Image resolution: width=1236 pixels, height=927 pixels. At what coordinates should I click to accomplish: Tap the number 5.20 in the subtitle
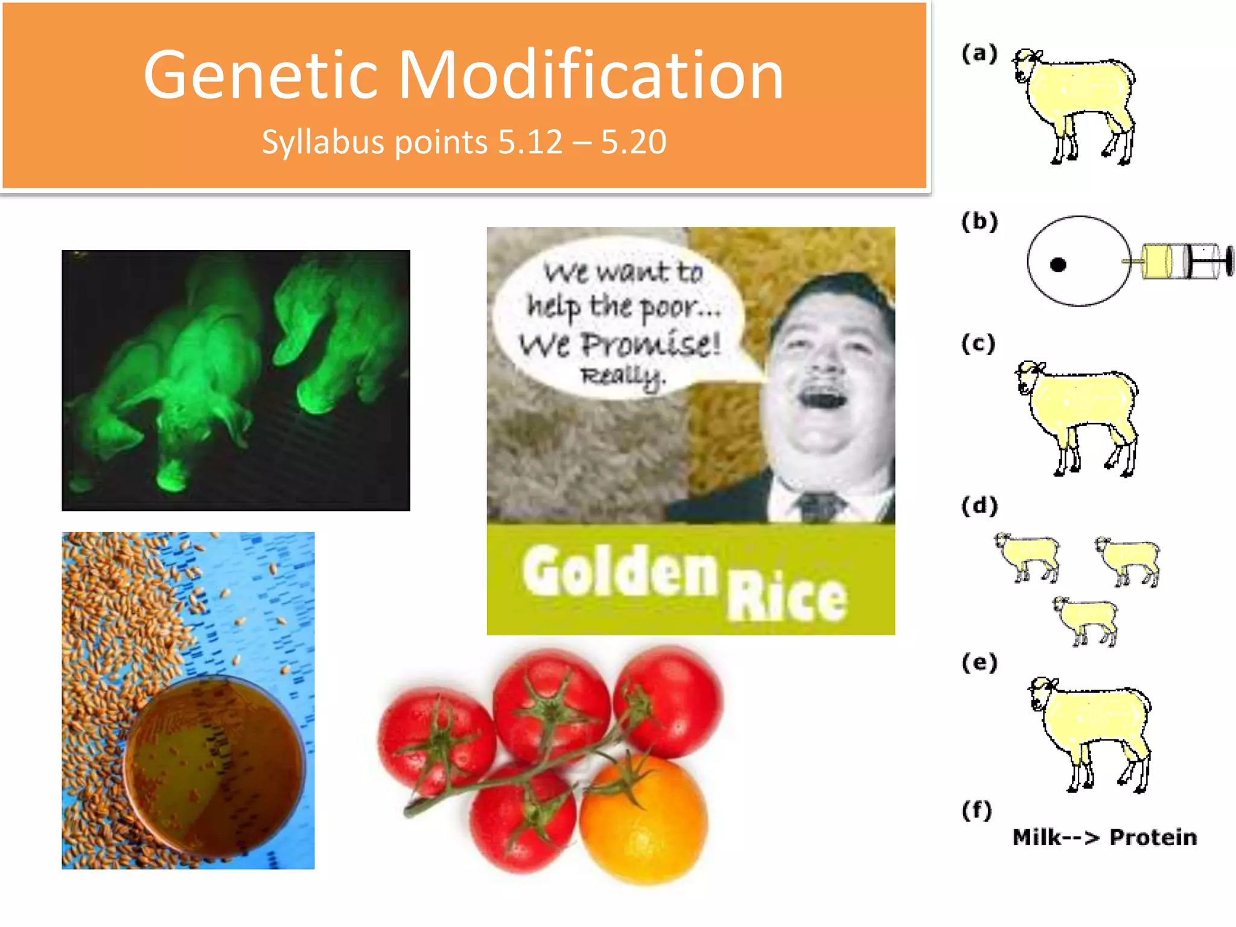pyautogui.click(x=633, y=142)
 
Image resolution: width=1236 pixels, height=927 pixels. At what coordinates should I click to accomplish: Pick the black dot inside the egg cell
pyautogui.click(x=1058, y=264)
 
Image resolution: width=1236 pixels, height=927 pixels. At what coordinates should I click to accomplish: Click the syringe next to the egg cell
pyautogui.click(x=1183, y=261)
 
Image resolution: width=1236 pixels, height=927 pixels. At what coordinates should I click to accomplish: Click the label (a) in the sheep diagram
pyautogui.click(x=979, y=54)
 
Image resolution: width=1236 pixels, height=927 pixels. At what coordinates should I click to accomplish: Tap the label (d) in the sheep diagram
pyautogui.click(x=979, y=505)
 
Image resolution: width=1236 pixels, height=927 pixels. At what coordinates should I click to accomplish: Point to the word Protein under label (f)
pyautogui.click(x=1153, y=837)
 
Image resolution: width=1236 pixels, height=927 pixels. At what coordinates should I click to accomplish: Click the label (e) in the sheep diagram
pyautogui.click(x=979, y=663)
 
